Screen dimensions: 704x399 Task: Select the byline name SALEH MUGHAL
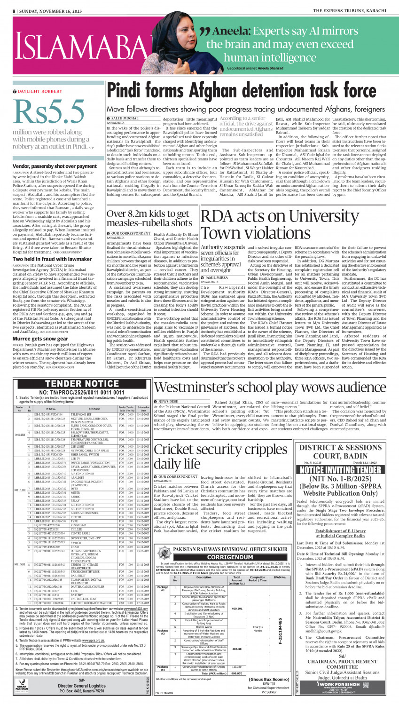pyautogui.click(x=125, y=119)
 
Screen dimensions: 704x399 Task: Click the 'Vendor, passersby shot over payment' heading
pyautogui.click(x=55, y=166)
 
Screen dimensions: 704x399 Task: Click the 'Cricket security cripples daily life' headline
pyautogui.click(x=220, y=456)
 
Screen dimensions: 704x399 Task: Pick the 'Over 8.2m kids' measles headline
pyautogui.click(x=148, y=218)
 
